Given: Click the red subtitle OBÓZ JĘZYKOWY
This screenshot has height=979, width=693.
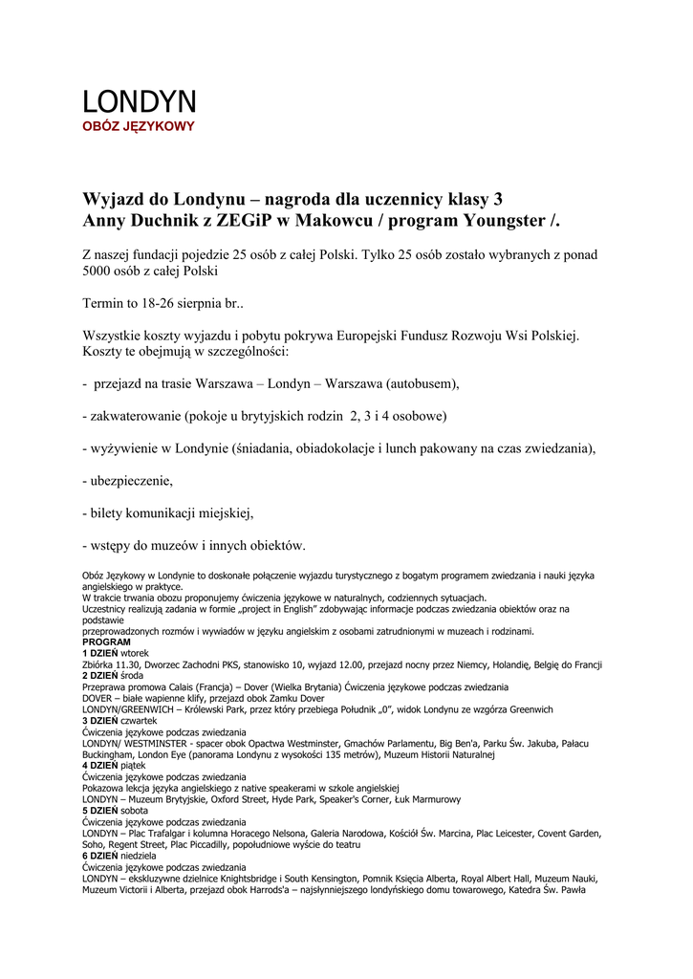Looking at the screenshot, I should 138,126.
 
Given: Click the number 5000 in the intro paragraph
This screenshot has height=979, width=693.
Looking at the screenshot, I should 100,271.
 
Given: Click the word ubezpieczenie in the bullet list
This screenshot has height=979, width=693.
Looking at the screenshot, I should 130,481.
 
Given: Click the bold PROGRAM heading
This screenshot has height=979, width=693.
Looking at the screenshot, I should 107,642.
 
